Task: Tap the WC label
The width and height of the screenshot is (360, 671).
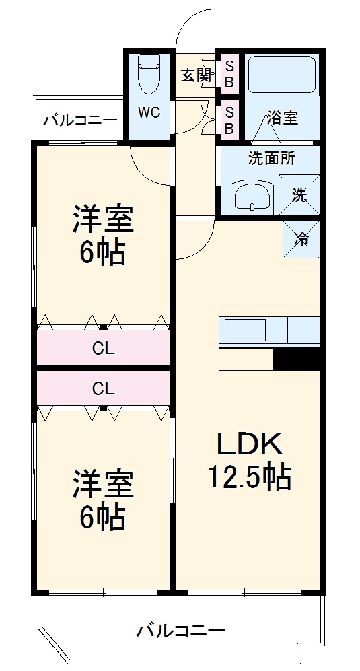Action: [x=149, y=112]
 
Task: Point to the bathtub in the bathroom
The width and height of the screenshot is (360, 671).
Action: [x=281, y=75]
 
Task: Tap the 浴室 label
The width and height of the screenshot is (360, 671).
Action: [x=283, y=118]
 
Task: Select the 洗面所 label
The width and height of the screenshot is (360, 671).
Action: [x=272, y=160]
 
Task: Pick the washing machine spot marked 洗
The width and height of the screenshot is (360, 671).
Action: [x=299, y=195]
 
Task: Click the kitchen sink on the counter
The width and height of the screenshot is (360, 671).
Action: [x=245, y=331]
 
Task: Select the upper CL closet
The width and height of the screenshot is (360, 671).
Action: [x=102, y=349]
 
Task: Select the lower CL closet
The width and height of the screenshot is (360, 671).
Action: [x=102, y=388]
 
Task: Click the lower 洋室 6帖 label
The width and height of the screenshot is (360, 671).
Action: [x=103, y=499]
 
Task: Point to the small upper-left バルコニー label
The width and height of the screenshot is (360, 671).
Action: [x=80, y=120]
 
